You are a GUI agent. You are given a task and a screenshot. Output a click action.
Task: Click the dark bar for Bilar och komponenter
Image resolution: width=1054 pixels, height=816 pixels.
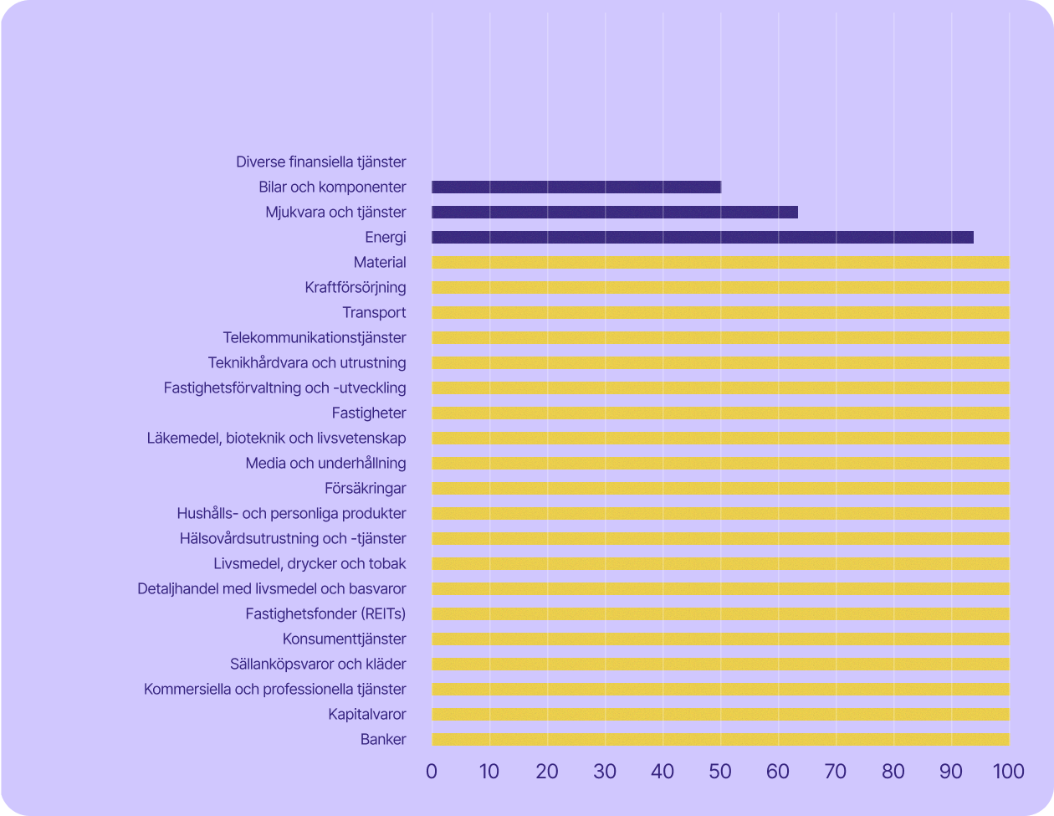tap(576, 187)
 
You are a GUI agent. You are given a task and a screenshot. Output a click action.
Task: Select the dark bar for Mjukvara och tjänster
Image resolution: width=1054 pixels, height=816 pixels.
tap(615, 213)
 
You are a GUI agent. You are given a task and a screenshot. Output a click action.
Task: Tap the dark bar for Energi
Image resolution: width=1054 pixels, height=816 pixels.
tap(703, 238)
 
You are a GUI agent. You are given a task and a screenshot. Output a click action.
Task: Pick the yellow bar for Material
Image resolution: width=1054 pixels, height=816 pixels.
tap(720, 263)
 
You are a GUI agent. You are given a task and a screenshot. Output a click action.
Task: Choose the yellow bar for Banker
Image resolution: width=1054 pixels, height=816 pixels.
tap(720, 740)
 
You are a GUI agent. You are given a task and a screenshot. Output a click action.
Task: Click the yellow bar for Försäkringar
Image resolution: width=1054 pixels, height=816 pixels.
tap(720, 489)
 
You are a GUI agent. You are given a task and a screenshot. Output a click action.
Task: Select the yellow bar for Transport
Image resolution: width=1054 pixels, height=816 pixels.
tap(720, 313)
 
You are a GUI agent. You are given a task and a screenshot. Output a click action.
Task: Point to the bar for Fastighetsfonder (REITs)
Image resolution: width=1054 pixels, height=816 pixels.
tap(720, 614)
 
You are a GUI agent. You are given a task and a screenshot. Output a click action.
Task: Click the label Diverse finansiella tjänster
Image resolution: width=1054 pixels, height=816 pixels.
tap(321, 162)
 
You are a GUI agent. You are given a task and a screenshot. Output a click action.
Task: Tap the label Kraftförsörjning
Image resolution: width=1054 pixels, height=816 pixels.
tap(356, 288)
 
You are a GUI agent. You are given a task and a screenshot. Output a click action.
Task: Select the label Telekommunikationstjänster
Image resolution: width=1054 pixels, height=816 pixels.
tap(315, 338)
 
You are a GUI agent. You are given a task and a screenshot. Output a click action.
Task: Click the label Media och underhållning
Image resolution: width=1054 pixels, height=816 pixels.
tap(326, 464)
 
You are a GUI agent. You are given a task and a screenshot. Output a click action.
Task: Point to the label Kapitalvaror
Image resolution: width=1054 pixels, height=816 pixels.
tap(367, 715)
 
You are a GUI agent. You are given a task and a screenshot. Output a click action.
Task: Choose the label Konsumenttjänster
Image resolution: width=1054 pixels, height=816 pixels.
tap(345, 639)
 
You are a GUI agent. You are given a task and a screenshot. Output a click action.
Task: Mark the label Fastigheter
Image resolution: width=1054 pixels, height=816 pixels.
tap(369, 413)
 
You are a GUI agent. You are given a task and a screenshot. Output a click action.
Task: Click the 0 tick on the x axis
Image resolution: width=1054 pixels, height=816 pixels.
tap(432, 771)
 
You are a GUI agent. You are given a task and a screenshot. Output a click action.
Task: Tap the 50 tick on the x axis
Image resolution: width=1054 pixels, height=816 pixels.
tap(720, 771)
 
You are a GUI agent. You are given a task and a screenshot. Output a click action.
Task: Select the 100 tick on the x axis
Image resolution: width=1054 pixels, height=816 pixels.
tap(1008, 771)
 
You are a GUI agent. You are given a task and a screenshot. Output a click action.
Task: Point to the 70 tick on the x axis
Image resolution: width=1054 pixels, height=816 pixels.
tap(836, 771)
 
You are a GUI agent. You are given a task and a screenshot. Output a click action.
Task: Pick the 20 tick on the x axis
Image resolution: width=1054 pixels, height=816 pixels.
tap(547, 771)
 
